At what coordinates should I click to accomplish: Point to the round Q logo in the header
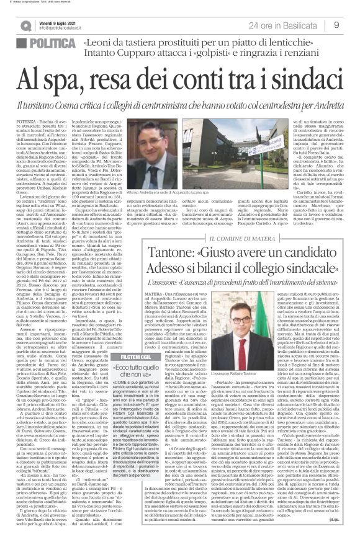click(x=28, y=25)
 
